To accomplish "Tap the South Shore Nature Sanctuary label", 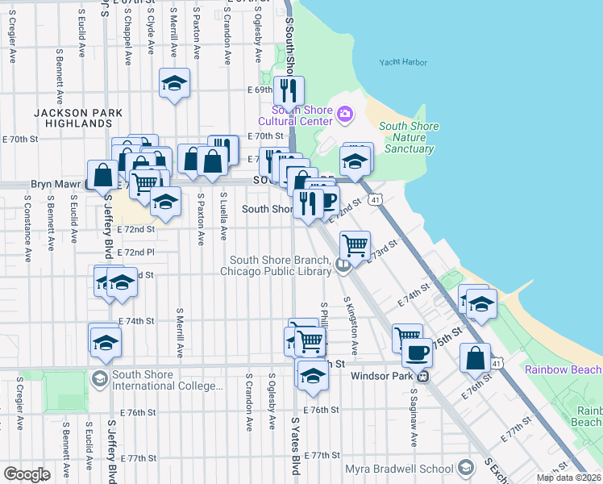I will coord(409,137).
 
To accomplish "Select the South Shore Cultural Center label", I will coord(302,115).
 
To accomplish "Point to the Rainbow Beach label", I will coord(563,369).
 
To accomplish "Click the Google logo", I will coord(26,474).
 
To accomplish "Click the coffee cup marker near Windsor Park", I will coord(417,353).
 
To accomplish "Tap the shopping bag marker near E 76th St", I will coord(475,356).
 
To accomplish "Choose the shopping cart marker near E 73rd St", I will coord(355,243).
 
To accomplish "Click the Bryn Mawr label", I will coord(52,184).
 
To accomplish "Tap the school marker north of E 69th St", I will coord(174,84).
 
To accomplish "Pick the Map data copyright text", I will coord(569,478).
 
